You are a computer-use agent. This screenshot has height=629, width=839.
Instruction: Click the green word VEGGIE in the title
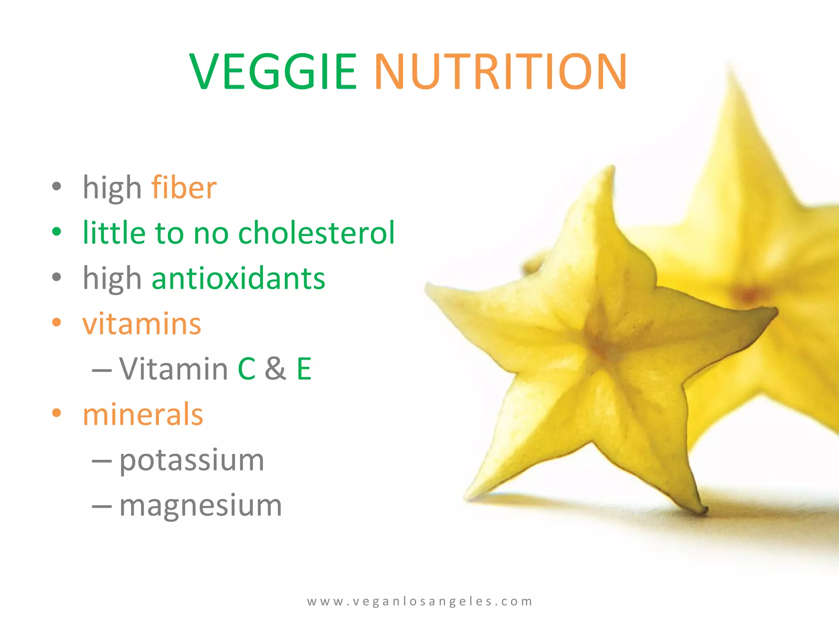(x=273, y=72)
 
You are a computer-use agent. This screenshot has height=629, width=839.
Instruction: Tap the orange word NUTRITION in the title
(x=500, y=72)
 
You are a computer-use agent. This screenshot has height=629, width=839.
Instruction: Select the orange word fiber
(x=184, y=188)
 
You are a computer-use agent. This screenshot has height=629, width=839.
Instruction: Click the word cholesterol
(x=316, y=233)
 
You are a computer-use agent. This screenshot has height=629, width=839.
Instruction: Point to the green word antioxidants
(x=238, y=278)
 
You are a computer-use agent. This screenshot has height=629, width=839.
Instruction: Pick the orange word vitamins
(x=142, y=324)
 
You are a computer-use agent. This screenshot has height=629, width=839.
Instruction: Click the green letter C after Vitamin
(x=247, y=369)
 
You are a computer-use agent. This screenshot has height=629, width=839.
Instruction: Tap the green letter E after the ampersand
(x=304, y=369)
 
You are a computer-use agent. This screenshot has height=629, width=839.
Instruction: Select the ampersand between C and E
(x=275, y=369)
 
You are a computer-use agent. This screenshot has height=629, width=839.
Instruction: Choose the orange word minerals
(x=143, y=414)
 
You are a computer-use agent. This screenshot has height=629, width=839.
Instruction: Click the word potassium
(x=192, y=460)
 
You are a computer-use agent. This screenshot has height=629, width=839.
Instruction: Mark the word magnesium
(x=201, y=505)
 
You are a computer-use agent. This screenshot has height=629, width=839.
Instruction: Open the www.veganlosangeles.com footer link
(x=419, y=601)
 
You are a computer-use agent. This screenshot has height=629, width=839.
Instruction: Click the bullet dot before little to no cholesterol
(x=57, y=232)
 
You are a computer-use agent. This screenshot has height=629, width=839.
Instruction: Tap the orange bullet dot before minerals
(x=57, y=413)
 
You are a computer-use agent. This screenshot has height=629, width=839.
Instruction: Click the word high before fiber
(x=112, y=188)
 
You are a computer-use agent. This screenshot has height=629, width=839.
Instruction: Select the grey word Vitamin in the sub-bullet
(x=173, y=369)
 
